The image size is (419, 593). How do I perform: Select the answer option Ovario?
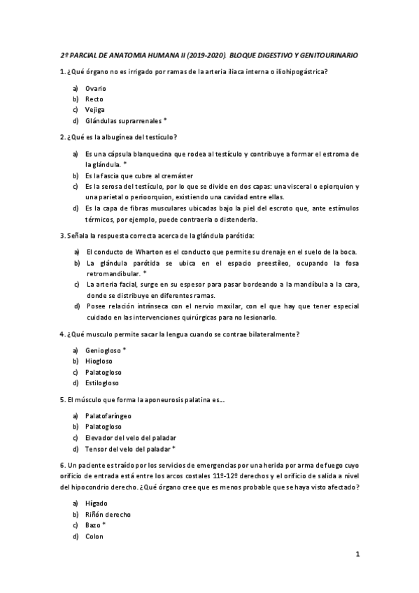(95, 90)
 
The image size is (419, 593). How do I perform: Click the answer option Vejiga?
(94, 110)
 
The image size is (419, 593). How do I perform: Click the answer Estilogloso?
(102, 383)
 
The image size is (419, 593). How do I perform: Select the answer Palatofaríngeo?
(108, 416)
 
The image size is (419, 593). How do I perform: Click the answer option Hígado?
(97, 503)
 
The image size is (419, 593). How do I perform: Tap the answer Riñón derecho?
(108, 515)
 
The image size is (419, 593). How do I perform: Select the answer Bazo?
(93, 525)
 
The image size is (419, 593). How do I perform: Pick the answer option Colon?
(94, 536)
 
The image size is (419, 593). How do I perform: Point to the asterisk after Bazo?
(104, 524)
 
